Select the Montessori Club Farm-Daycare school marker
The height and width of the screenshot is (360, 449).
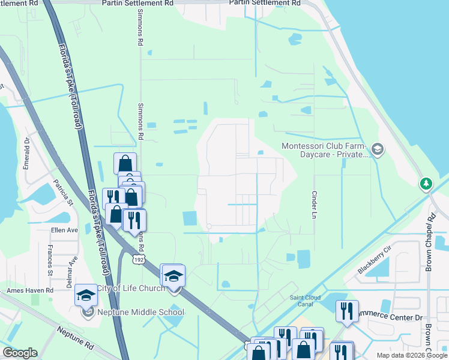[378, 149]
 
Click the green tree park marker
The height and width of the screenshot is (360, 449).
[427, 183]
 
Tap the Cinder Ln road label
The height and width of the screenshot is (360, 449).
[314, 204]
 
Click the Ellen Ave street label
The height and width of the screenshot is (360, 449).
[64, 230]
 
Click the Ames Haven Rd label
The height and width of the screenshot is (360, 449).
[30, 290]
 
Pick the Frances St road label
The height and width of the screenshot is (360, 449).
[50, 264]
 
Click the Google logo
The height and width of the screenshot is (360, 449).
[20, 353]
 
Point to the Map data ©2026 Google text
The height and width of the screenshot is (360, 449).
[411, 355]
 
